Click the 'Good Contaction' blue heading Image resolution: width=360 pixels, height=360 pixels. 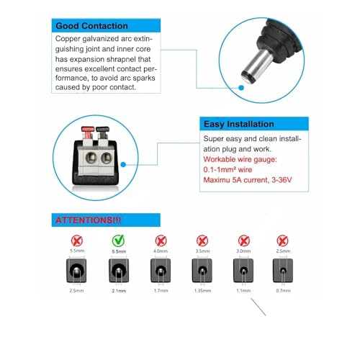[x=92, y=26]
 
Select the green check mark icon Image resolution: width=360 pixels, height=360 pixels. [x=115, y=240]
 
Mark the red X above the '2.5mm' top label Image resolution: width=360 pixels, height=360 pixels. [x=282, y=240]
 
